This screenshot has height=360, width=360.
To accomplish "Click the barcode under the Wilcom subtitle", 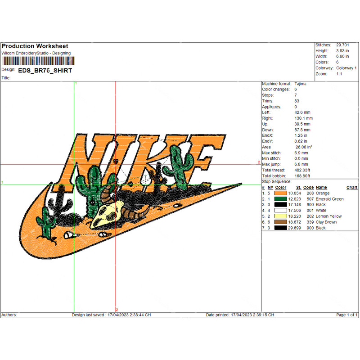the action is point(38,61).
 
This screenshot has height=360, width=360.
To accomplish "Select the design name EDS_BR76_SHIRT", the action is point(45,71).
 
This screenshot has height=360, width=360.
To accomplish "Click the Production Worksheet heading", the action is point(35,46).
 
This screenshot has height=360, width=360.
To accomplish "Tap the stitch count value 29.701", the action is point(342,45).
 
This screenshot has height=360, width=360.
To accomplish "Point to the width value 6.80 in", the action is point(342,56).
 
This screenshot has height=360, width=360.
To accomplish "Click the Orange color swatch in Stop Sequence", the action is point(280,193).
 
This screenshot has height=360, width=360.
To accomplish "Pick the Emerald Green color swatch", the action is point(280,199).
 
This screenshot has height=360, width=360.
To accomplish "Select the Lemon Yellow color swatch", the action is point(280,216).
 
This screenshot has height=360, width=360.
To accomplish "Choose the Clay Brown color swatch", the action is point(280,222).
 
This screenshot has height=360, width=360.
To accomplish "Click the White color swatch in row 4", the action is point(280,210).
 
